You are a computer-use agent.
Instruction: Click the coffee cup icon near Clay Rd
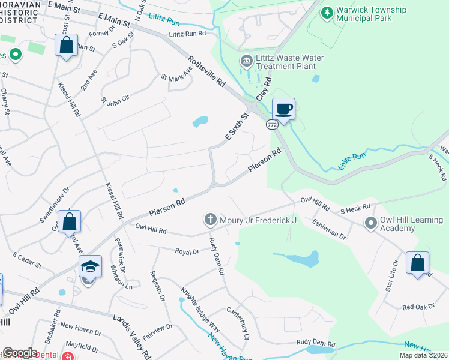pyautogui.click(x=284, y=109)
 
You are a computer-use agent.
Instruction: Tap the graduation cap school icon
pyautogui.click(x=89, y=266)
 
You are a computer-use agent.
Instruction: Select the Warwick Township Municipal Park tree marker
pyautogui.click(x=327, y=13)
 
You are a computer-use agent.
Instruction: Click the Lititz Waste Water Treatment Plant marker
pyautogui.click(x=246, y=61)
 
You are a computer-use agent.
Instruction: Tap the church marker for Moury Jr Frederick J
pyautogui.click(x=211, y=220)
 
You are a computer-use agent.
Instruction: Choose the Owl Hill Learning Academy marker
pyautogui.click(x=371, y=223)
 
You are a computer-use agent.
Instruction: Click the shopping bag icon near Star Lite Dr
pyautogui.click(x=417, y=263)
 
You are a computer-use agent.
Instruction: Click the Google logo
pyautogui.click(x=20, y=353)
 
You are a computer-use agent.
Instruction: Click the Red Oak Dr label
pyautogui.click(x=418, y=307)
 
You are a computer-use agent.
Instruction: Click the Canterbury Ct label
pyautogui.click(x=238, y=323)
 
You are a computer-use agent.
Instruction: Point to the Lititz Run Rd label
pyautogui.click(x=187, y=34)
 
